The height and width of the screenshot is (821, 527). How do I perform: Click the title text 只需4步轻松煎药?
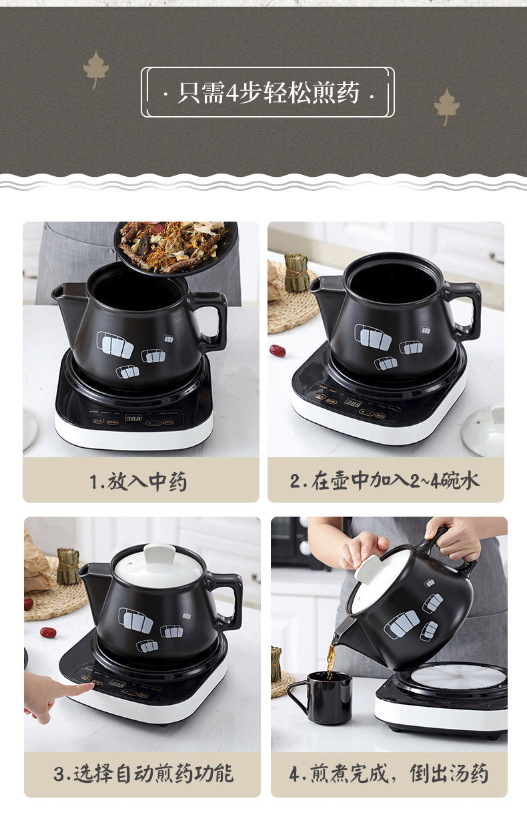tap(268, 93)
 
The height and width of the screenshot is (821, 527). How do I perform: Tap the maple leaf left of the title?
tap(95, 68)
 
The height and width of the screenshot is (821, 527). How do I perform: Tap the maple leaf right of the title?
tap(446, 106)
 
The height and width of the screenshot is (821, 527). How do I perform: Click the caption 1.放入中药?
tap(139, 481)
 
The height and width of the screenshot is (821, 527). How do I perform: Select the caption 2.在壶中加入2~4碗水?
tap(384, 481)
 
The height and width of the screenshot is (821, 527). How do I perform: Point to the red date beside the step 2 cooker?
tap(278, 350)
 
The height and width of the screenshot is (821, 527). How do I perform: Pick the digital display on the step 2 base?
tap(352, 402)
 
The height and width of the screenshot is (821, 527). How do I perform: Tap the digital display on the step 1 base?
tap(133, 417)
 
